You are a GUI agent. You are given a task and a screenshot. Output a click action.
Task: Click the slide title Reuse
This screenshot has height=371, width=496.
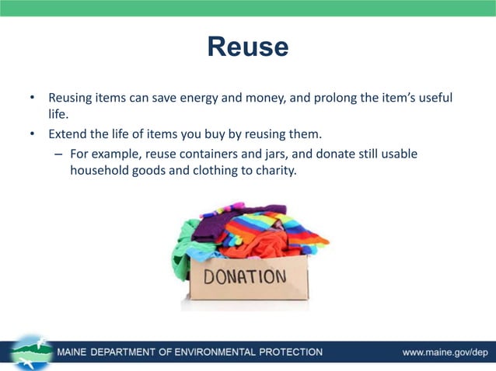(247, 47)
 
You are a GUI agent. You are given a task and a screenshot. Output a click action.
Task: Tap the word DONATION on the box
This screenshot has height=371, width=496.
(245, 277)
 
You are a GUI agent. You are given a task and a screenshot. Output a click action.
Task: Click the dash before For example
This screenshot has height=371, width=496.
(58, 154)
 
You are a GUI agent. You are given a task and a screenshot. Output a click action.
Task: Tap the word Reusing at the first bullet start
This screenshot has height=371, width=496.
(73, 99)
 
